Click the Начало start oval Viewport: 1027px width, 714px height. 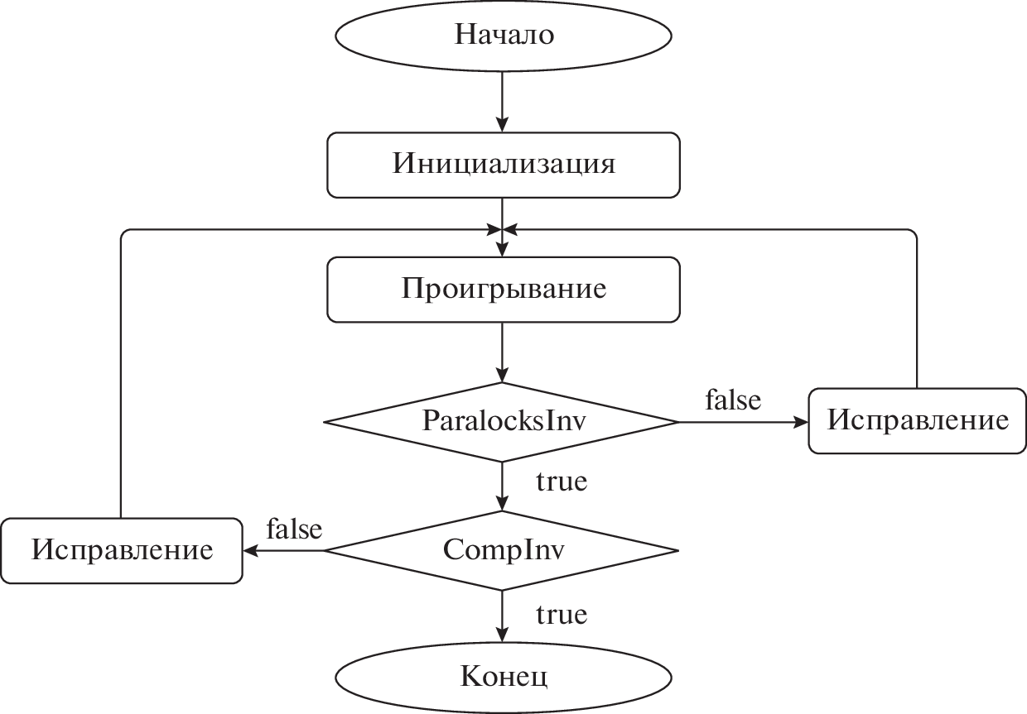coord(503,36)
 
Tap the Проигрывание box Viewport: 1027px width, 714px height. coord(503,289)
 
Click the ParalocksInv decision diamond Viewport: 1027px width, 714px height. coord(503,421)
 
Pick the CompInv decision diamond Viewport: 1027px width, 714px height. coord(503,550)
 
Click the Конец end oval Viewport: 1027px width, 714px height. coord(503,678)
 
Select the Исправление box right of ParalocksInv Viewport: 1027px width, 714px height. coord(918,420)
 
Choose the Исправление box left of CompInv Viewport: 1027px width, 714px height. coord(121,550)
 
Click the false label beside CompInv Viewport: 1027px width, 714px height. coord(294,529)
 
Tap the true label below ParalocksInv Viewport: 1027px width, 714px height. coord(562,481)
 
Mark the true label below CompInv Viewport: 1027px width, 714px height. coord(562,615)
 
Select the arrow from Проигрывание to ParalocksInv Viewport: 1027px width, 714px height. coord(503,352)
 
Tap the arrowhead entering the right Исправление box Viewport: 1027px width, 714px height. coord(801,421)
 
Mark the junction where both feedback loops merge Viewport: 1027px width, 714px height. coord(503,229)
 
